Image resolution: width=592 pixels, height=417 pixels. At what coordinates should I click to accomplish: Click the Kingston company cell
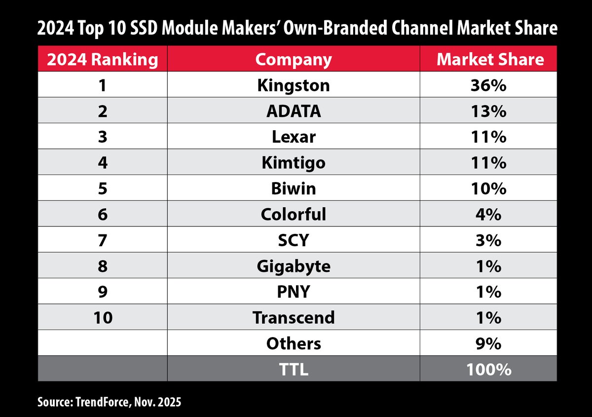293,86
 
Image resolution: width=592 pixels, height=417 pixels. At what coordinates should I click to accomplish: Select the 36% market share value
488,86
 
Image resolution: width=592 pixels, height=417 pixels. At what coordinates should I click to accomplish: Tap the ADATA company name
293,112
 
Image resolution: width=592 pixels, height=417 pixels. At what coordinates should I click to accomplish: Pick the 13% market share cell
488,112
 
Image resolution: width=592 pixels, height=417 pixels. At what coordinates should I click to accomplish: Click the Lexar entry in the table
293,137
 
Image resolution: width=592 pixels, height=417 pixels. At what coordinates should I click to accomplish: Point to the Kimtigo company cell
293,163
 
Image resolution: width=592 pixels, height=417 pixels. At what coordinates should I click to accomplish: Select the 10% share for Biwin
488,189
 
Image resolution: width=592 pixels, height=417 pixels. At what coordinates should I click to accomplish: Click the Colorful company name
293,214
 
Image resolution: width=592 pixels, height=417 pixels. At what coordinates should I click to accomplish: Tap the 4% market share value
488,214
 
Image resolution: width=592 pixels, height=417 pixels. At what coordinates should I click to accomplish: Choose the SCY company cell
293,240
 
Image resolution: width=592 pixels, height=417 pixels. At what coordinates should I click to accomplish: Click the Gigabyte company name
293,266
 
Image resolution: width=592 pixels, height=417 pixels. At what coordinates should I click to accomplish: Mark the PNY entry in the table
293,292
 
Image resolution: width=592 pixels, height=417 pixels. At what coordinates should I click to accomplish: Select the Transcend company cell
293,317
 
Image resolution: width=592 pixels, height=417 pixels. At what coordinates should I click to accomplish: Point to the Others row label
293,343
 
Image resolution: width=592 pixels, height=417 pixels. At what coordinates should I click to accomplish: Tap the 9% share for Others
488,343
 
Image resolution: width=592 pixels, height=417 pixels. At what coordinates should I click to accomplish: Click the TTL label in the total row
293,369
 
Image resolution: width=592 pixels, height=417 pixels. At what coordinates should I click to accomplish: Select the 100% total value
488,369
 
